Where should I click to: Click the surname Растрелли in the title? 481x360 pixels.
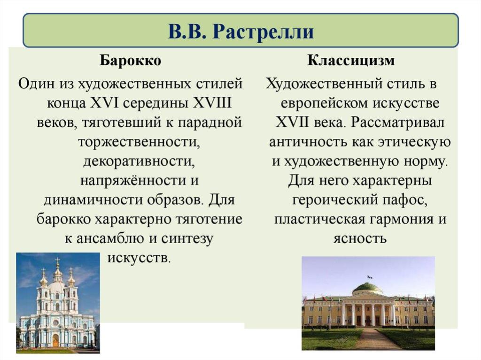pyautogui.click(x=263, y=31)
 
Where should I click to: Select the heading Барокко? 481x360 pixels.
pyautogui.click(x=131, y=60)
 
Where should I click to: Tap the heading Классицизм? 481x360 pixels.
pyautogui.click(x=351, y=60)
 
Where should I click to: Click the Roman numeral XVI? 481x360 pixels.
pyautogui.click(x=104, y=103)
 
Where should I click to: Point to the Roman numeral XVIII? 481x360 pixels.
pyautogui.click(x=212, y=103)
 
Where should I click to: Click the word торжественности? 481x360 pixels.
pyautogui.click(x=139, y=142)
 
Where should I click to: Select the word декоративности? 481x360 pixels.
pyautogui.click(x=139, y=162)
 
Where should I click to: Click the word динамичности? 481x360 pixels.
pyautogui.click(x=93, y=200)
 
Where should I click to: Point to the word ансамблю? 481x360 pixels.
pyautogui.click(x=109, y=238)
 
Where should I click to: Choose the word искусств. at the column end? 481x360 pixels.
pyautogui.click(x=139, y=258)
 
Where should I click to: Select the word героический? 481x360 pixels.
pyautogui.click(x=335, y=200)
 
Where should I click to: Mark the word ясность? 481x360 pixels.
pyautogui.click(x=360, y=238)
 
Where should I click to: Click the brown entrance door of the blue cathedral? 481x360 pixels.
pyautogui.click(x=55, y=341)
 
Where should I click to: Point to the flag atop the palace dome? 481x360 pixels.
pyautogui.click(x=370, y=277)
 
